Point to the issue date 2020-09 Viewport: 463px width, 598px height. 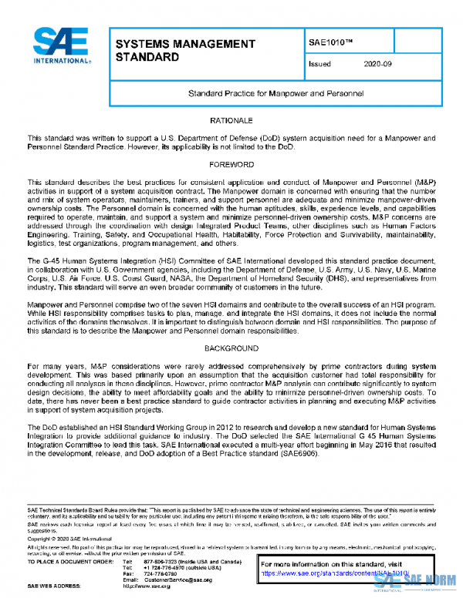pos(378,65)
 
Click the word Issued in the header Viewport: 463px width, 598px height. pos(319,65)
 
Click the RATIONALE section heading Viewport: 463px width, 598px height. pos(231,122)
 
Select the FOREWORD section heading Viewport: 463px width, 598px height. pos(231,165)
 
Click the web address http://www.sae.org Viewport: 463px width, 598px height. pos(167,586)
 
